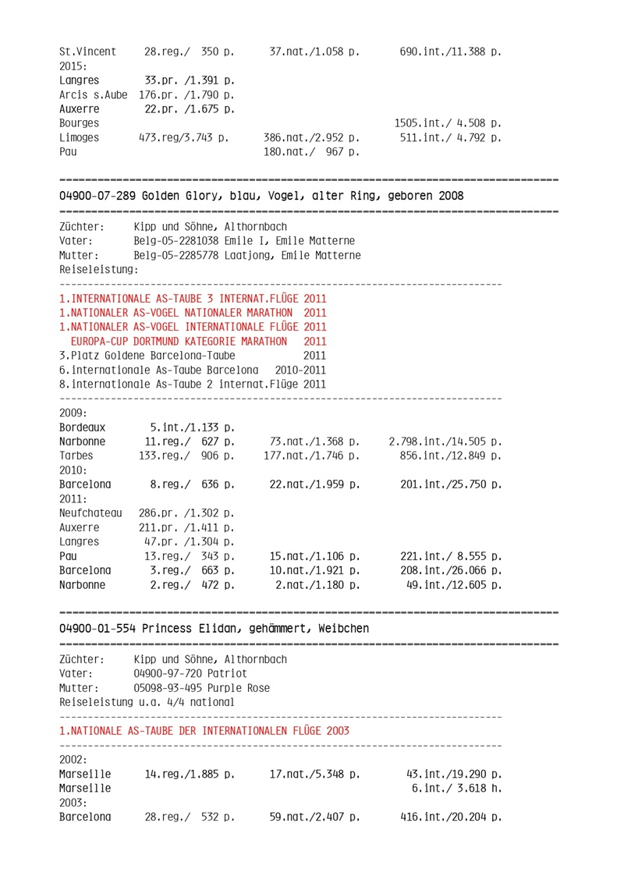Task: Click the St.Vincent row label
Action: [x=87, y=51]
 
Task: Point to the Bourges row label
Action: [x=79, y=123]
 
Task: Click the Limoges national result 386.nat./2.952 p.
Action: [x=312, y=137]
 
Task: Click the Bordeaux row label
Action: [x=82, y=427]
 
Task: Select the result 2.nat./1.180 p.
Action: [x=317, y=584]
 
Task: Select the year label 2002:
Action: [x=73, y=759]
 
